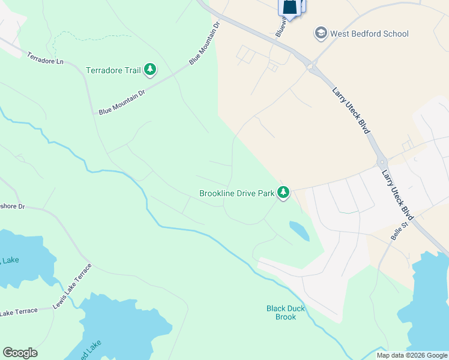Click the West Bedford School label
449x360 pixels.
[x=369, y=34]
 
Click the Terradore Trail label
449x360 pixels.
[x=113, y=71]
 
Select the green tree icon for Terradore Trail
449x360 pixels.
[x=150, y=70]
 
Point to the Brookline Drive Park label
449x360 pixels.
[x=237, y=194]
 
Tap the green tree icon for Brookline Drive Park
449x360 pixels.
[x=283, y=193]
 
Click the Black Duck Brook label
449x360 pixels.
[x=286, y=313]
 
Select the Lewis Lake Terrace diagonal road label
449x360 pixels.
[x=72, y=286]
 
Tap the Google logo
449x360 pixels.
[x=20, y=353]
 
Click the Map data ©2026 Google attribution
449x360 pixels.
[x=412, y=355]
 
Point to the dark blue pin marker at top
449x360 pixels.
[x=289, y=7]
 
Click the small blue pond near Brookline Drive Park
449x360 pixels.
[x=299, y=230]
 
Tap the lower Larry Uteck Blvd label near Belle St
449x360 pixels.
[x=399, y=194]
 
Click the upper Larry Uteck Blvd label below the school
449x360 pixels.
[x=350, y=109]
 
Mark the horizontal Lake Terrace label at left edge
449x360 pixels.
[x=19, y=312]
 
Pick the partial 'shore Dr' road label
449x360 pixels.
[x=12, y=206]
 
